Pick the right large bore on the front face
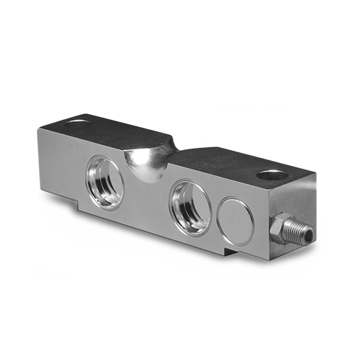point(190,207)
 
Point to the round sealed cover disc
point(237,220)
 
